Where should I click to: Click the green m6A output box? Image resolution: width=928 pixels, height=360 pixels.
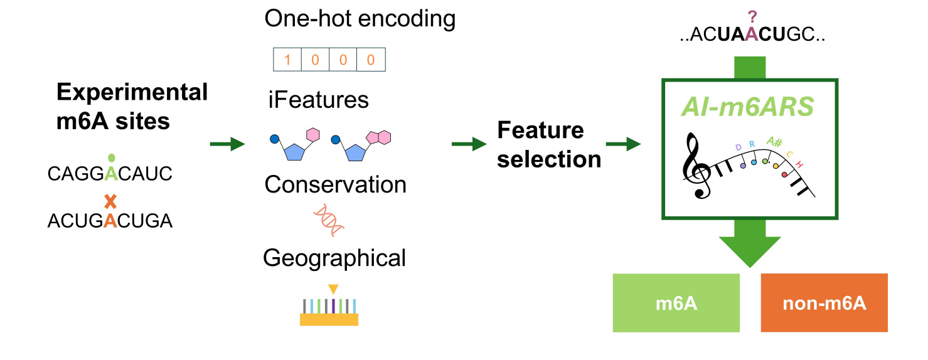(676, 303)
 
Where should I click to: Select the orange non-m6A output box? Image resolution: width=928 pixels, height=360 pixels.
(824, 303)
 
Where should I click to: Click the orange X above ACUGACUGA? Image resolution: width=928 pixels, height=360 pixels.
(110, 202)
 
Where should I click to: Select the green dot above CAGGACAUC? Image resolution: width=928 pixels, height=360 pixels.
(111, 158)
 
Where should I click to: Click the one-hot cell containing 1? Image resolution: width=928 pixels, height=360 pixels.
(288, 60)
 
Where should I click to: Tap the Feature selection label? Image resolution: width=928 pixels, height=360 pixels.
(549, 145)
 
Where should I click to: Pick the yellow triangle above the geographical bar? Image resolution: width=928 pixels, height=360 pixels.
(333, 289)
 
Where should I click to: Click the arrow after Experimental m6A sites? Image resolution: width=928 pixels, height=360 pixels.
(227, 145)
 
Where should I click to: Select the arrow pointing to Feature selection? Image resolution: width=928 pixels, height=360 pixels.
(468, 145)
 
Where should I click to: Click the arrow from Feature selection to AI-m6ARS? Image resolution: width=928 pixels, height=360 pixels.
(622, 145)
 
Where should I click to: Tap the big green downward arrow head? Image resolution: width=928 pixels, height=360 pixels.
(749, 251)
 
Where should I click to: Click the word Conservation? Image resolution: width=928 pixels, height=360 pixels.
(335, 184)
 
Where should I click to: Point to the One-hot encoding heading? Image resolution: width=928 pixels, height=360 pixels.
(360, 19)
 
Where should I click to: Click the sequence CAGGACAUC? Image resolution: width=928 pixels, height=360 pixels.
(110, 174)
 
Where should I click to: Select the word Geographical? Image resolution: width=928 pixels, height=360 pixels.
(334, 258)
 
